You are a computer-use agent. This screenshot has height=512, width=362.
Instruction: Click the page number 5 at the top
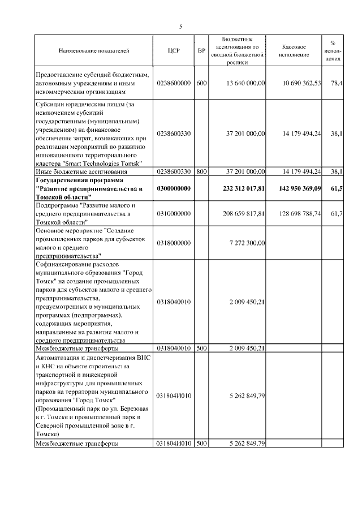(x=180, y=27)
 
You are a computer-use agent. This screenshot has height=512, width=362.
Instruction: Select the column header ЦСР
(x=174, y=51)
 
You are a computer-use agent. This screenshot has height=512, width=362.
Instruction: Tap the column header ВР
(x=201, y=51)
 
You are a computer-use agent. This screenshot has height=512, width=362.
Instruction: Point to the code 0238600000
(x=174, y=83)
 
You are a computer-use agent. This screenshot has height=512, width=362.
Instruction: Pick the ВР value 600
(x=201, y=83)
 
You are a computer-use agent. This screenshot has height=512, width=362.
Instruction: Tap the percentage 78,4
(x=336, y=83)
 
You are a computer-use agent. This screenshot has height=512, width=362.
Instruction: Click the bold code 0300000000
(x=174, y=188)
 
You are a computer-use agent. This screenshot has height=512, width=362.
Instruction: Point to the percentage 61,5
(x=336, y=188)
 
